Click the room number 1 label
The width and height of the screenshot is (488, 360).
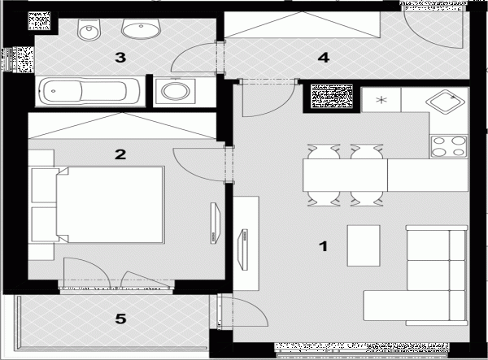tap(324, 246)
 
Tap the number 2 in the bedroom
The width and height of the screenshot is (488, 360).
tap(120, 154)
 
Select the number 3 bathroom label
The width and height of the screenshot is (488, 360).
tap(120, 58)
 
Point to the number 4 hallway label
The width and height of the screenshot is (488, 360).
tap(324, 58)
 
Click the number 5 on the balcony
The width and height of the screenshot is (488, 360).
tap(120, 319)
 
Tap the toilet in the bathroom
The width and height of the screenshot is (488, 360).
tap(89, 30)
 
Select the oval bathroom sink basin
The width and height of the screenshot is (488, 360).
tap(141, 29)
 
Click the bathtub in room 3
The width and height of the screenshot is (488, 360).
tap(90, 91)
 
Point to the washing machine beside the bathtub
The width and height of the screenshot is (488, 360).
tap(175, 91)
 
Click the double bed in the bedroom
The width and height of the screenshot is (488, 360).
tap(110, 205)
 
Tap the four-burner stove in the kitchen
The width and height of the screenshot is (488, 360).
tap(448, 147)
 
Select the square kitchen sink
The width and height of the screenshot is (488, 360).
tap(446, 102)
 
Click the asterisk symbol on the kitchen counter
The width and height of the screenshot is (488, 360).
tap(381, 100)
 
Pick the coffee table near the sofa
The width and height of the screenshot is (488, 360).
tap(364, 245)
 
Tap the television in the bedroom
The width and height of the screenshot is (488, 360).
tap(215, 223)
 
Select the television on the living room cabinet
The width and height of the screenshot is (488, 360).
tap(243, 249)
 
